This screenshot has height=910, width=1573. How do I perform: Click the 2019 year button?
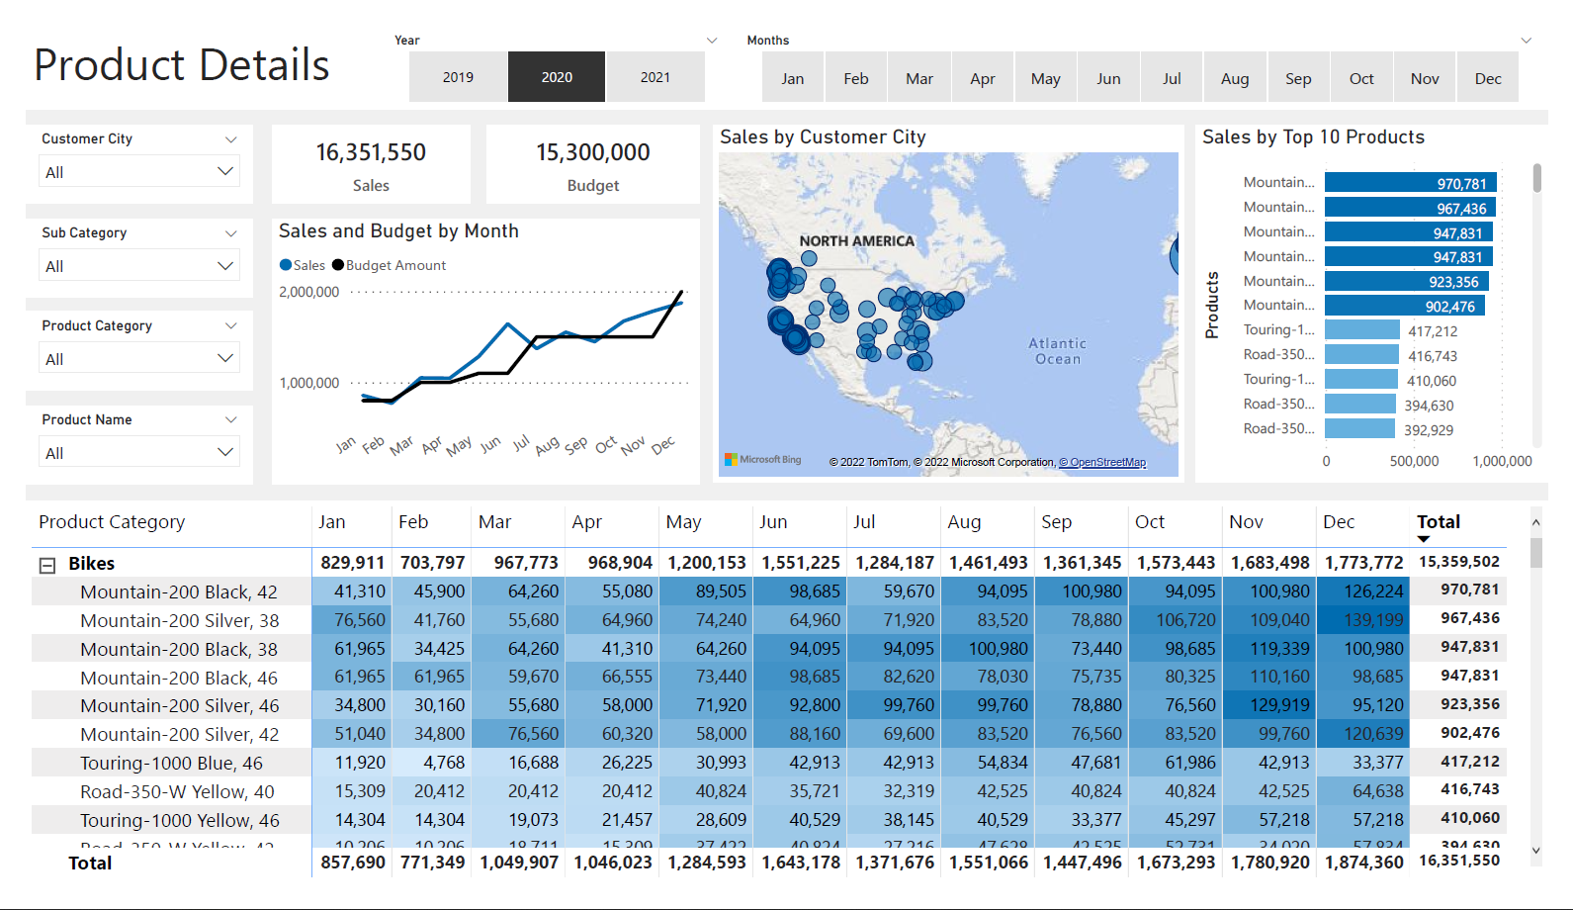pos(458,77)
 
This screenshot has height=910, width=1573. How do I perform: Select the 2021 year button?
pos(655,77)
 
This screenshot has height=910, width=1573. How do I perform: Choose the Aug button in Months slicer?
pos(1235,79)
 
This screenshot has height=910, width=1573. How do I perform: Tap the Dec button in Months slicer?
pos(1487,79)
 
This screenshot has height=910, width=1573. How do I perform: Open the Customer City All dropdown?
pos(138,172)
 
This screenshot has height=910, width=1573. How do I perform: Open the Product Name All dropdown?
pos(138,453)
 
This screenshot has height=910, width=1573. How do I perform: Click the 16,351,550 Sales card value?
pos(371,152)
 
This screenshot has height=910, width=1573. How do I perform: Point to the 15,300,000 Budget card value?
pos(592,152)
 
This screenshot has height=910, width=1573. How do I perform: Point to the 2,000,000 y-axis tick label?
pos(308,292)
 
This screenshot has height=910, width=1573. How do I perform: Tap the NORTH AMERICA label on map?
pos(856,240)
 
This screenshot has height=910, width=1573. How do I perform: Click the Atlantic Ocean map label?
pos(1057,351)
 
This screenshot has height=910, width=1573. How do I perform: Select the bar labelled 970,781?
pos(1411,183)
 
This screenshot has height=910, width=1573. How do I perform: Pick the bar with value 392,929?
pos(1359,429)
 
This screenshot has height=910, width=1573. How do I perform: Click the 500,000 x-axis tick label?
pos(1414,461)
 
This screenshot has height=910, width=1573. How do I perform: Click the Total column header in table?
pos(1438,521)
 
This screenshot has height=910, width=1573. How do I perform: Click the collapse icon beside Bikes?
pos(46,565)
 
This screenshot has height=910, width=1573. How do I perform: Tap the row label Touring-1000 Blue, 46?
pos(171,763)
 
